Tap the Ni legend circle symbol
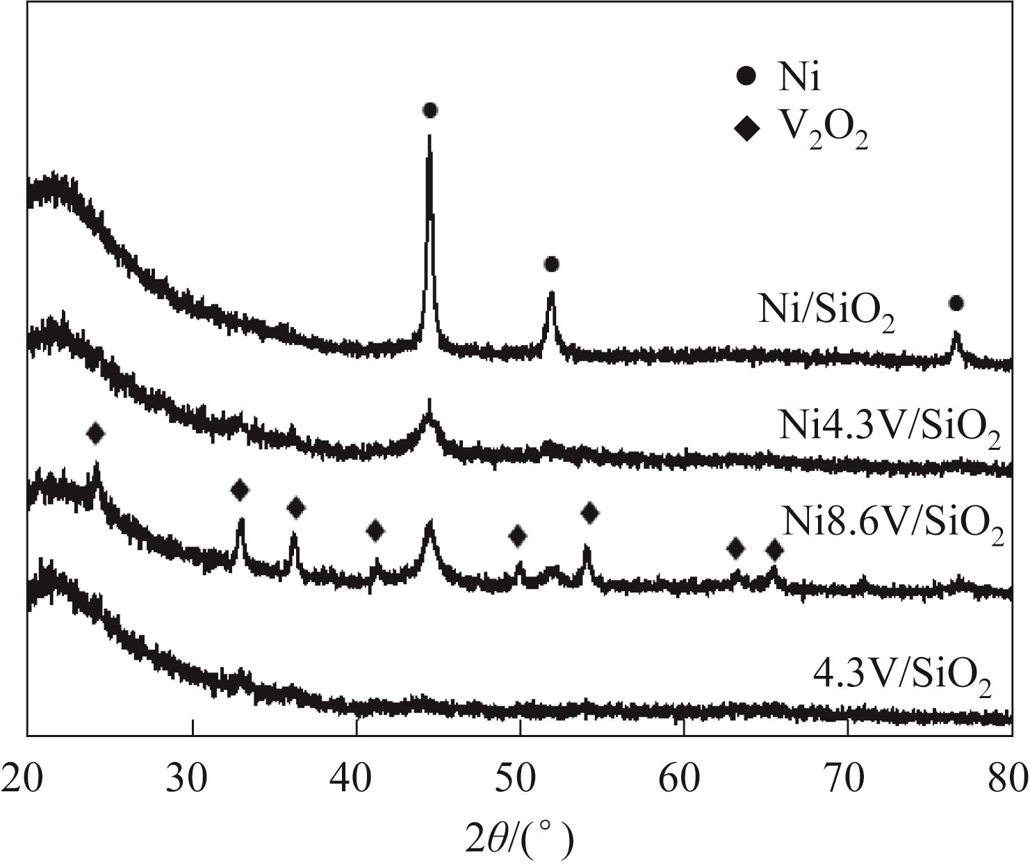pyautogui.click(x=746, y=77)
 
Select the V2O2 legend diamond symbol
pyautogui.click(x=747, y=129)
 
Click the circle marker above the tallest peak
pyautogui.click(x=430, y=111)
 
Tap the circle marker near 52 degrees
pyautogui.click(x=552, y=264)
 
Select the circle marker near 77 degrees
pyautogui.click(x=956, y=303)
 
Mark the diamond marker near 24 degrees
pyautogui.click(x=96, y=434)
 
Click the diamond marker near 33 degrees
pyautogui.click(x=240, y=490)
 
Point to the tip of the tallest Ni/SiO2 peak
pyautogui.click(x=430, y=135)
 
